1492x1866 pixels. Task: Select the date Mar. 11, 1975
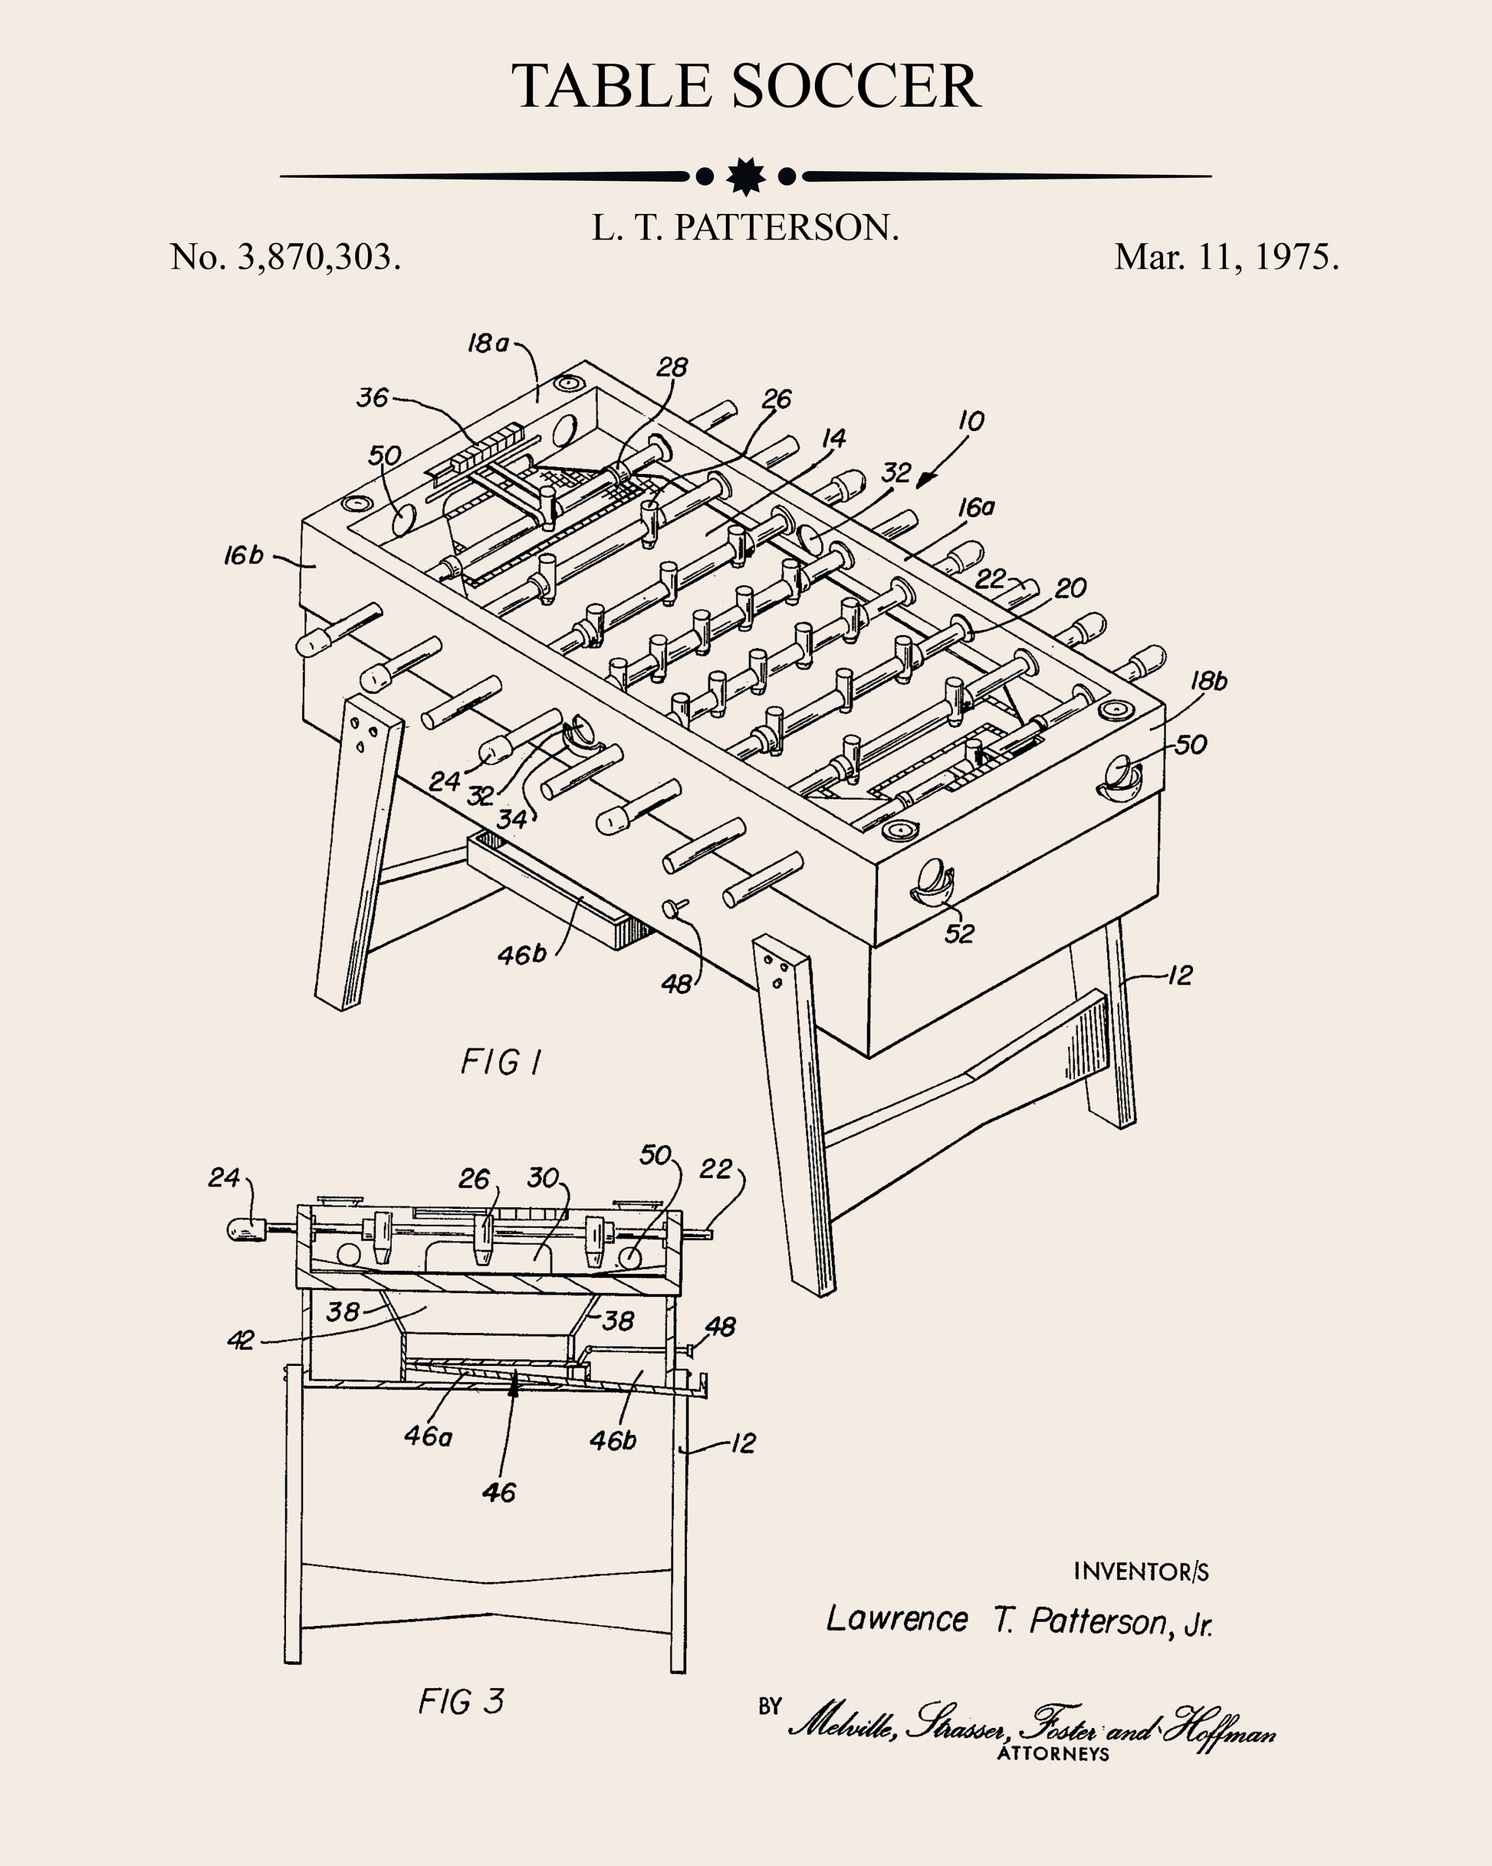[x=1226, y=257]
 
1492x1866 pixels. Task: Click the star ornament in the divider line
[x=745, y=176]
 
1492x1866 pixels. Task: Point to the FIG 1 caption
[x=501, y=1062]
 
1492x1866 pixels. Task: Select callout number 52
[x=959, y=933]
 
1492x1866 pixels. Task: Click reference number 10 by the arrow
[x=971, y=422]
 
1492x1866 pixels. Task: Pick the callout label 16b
[x=242, y=555]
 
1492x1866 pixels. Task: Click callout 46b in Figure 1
[x=522, y=955]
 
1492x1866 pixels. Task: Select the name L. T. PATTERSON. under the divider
[x=745, y=228]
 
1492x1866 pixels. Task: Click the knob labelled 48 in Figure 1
[x=672, y=907]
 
